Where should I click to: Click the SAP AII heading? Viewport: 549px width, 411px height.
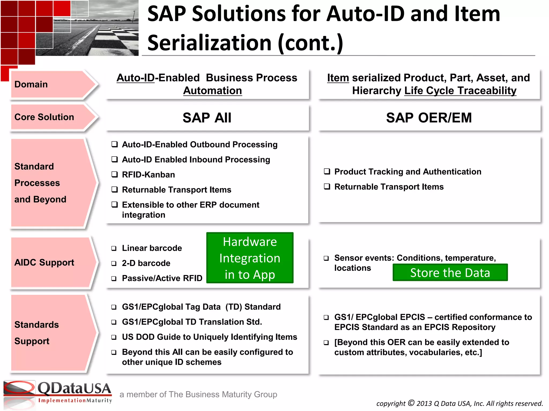[207, 118]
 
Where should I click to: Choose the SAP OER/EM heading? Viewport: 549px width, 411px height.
[429, 118]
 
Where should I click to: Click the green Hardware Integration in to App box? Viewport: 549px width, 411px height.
[250, 258]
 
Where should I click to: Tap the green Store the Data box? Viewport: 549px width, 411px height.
[450, 273]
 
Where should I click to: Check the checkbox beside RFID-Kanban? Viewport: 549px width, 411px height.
[115, 174]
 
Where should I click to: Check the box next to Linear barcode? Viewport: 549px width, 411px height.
[114, 248]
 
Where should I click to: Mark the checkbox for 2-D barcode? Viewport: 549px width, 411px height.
[114, 264]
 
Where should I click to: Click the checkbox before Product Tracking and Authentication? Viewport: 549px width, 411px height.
[327, 172]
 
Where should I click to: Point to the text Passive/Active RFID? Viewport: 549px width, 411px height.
[162, 278]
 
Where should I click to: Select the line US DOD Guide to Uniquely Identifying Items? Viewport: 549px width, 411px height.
[209, 337]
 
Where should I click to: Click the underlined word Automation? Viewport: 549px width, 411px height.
[212, 91]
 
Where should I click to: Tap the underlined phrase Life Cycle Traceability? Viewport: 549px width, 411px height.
[460, 91]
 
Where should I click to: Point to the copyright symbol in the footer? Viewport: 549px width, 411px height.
[411, 403]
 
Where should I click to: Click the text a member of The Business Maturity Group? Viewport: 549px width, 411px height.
[198, 394]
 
